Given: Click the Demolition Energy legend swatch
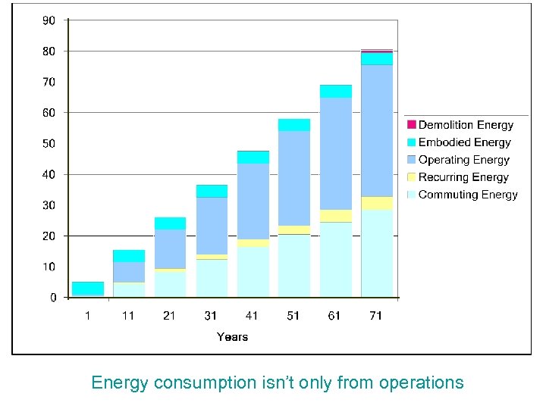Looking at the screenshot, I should [412, 125].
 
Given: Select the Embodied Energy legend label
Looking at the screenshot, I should [465, 142].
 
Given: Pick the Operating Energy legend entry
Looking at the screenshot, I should [463, 160].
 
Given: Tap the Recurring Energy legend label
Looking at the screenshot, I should [463, 177].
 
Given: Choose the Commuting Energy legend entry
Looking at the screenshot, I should [468, 195].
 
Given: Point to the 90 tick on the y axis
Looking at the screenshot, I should [49, 20].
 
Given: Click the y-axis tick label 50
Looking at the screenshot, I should [49, 144].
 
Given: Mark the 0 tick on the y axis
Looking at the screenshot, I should [53, 298].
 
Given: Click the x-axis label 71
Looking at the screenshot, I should [376, 316].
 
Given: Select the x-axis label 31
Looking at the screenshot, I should [211, 316].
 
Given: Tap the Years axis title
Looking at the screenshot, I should [232, 336].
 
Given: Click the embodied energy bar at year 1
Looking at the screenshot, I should [88, 289].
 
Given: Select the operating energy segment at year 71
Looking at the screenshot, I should [377, 130].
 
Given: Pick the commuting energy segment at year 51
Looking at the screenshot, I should [294, 265].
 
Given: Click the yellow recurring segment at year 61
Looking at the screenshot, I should [335, 216].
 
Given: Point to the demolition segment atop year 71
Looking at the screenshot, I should [377, 52].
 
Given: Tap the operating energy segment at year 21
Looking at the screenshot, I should [171, 248].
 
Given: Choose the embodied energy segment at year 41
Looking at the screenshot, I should [253, 158].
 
